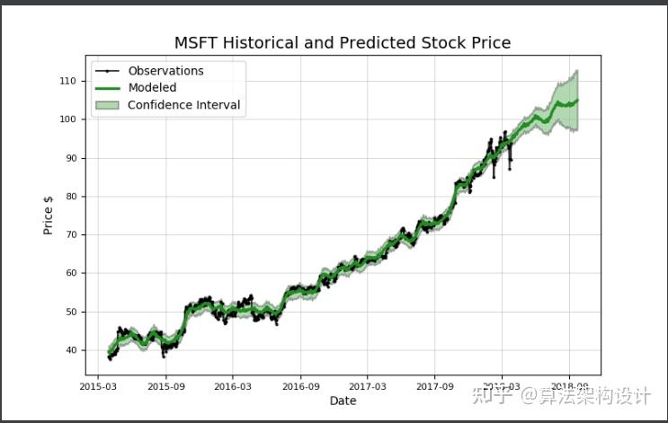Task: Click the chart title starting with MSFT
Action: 343,42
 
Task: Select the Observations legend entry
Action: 165,71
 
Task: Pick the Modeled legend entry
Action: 152,88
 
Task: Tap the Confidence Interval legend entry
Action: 183,105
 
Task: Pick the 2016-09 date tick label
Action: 299,386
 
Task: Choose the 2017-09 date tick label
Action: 434,386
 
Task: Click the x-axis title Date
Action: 343,401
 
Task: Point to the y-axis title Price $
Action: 49,216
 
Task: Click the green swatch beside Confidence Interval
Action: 106,105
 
